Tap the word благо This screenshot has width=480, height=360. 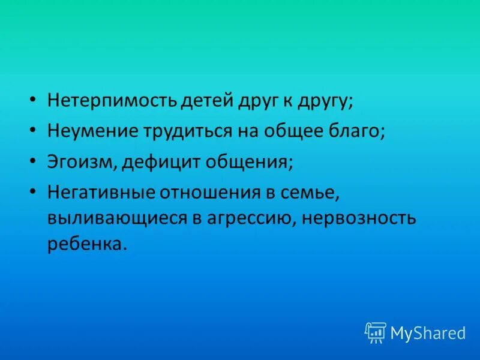point(359,131)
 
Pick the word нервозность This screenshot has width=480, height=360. point(359,217)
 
